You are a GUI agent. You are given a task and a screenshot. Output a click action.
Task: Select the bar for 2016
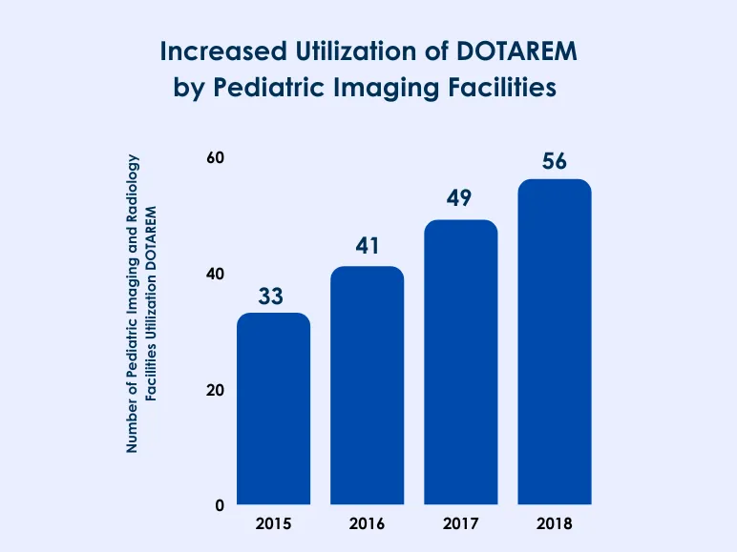[367, 385]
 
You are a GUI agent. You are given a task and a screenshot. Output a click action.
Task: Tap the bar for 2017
[460, 362]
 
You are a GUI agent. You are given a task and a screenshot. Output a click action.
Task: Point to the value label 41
[367, 247]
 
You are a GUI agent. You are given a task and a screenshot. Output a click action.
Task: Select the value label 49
[460, 200]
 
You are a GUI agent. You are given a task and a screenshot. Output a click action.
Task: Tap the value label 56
[554, 161]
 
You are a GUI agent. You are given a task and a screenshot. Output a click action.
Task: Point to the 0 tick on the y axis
[220, 505]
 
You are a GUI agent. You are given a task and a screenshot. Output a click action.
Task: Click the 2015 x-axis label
[273, 524]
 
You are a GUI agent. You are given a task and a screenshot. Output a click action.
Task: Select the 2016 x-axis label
[367, 524]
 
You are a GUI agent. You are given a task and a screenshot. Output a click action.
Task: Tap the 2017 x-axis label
[460, 524]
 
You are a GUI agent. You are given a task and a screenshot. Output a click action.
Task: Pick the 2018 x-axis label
[554, 524]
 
